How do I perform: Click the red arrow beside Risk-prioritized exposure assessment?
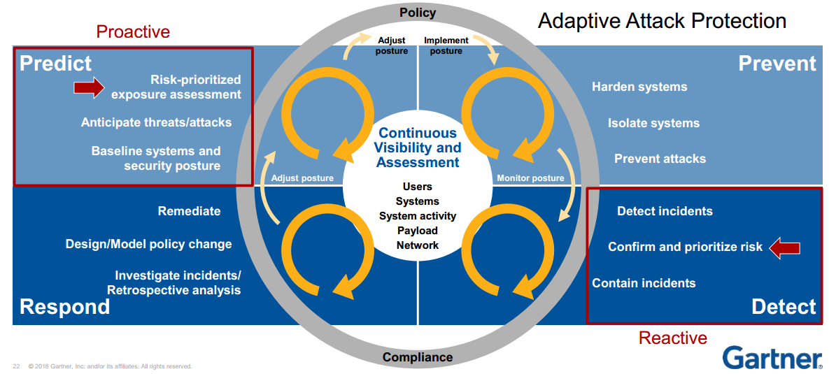[x=90, y=87]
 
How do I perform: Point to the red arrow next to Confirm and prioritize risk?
[x=784, y=247]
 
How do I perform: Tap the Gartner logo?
[x=772, y=357]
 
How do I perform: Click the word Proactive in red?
[x=133, y=31]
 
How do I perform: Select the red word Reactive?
[x=672, y=338]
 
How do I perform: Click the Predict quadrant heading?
[x=56, y=64]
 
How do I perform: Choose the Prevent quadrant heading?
[x=777, y=64]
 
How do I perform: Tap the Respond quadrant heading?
[x=65, y=306]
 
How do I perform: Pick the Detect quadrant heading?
[x=784, y=306]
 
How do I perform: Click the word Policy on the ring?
[x=418, y=13]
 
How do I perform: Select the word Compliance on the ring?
[x=418, y=357]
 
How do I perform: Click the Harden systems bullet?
[x=639, y=87]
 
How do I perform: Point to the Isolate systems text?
[x=653, y=123]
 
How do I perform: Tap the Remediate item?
[x=189, y=211]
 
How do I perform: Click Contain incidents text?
[x=644, y=283]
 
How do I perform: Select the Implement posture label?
[x=446, y=45]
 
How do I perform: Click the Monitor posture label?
[x=530, y=178]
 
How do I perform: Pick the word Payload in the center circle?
[x=418, y=231]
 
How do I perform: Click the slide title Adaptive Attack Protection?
[x=662, y=21]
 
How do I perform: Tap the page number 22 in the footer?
[x=16, y=366]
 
